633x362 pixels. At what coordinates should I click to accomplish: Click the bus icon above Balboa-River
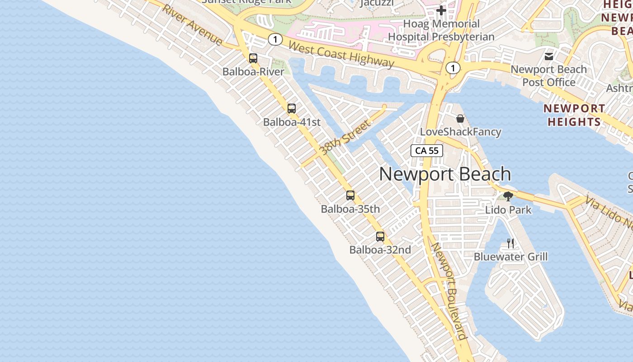[253, 58]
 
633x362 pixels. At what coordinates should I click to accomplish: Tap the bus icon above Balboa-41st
[292, 109]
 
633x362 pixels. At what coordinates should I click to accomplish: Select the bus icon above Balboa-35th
[350, 195]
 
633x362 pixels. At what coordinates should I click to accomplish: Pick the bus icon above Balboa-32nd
[380, 236]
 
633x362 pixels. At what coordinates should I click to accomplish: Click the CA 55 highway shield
[426, 151]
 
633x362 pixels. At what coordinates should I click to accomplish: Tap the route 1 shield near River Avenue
[275, 39]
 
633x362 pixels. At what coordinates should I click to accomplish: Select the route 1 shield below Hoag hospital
[453, 68]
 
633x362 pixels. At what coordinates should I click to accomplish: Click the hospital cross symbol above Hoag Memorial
[441, 10]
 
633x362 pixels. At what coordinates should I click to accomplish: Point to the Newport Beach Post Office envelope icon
[549, 57]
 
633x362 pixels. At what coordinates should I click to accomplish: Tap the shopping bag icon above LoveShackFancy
[460, 119]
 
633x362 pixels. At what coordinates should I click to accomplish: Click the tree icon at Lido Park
[508, 196]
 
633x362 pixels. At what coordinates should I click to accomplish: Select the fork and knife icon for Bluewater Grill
[510, 243]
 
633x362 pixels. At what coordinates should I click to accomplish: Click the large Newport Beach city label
[445, 174]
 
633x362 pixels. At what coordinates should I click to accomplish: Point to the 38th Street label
[345, 138]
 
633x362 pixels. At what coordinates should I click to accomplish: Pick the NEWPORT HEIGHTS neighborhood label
[574, 115]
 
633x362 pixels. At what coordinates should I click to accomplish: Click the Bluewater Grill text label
[510, 257]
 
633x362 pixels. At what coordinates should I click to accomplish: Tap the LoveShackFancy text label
[460, 132]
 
